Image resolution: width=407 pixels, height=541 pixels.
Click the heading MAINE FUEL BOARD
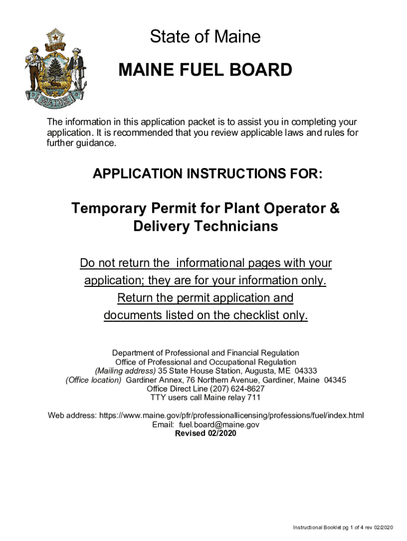coord(205,70)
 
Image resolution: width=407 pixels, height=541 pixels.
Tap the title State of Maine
coord(205,37)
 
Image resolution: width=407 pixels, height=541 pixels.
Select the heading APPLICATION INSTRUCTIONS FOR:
coord(207,174)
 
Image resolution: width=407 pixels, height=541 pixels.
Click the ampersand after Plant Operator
coord(334,209)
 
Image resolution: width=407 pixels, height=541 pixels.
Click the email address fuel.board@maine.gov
coord(219,424)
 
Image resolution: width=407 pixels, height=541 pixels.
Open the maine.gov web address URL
coord(232,415)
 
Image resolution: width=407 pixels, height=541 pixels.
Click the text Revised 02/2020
coord(205,434)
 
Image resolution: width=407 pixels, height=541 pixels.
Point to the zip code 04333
coord(306,371)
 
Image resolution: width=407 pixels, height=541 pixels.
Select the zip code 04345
coord(335,380)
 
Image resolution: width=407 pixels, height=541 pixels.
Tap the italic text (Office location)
coord(94,380)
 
